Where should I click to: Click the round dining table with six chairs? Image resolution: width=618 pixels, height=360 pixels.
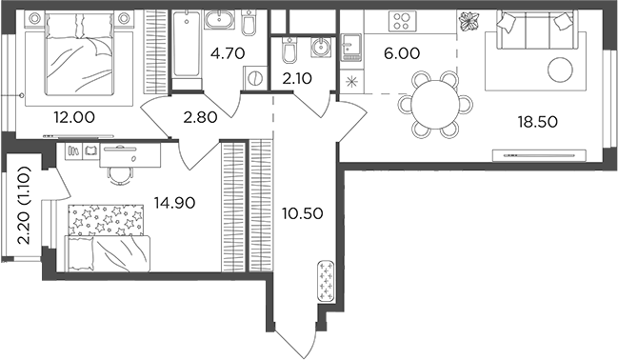[433, 102]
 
